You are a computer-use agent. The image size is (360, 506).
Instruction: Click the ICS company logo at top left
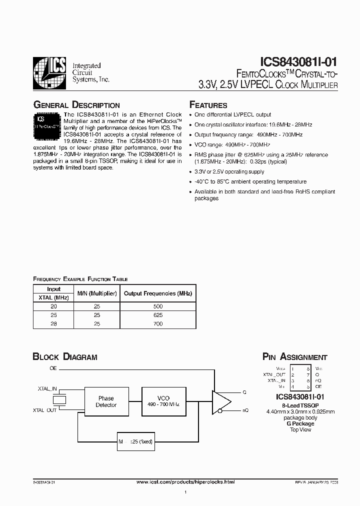point(49,73)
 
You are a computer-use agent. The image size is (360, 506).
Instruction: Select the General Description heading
point(76,105)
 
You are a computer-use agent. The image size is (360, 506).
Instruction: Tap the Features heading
point(208,105)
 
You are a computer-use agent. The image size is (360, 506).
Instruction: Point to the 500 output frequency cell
point(157,306)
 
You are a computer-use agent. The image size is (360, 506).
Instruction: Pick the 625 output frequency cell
point(157,315)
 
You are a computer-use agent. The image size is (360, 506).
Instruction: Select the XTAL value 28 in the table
point(53,324)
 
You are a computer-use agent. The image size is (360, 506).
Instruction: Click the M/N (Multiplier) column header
point(97,293)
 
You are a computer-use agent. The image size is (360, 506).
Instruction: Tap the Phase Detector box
point(106,401)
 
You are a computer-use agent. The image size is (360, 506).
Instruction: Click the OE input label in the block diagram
point(53,368)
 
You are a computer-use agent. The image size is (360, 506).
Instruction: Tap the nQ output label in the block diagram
point(245,410)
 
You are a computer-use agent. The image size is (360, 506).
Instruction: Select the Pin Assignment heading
point(294,357)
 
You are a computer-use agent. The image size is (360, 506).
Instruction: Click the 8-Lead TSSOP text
point(300,405)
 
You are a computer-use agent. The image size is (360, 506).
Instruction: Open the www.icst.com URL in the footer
point(185,481)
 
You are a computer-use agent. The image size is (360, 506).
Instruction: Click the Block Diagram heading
point(65,357)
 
